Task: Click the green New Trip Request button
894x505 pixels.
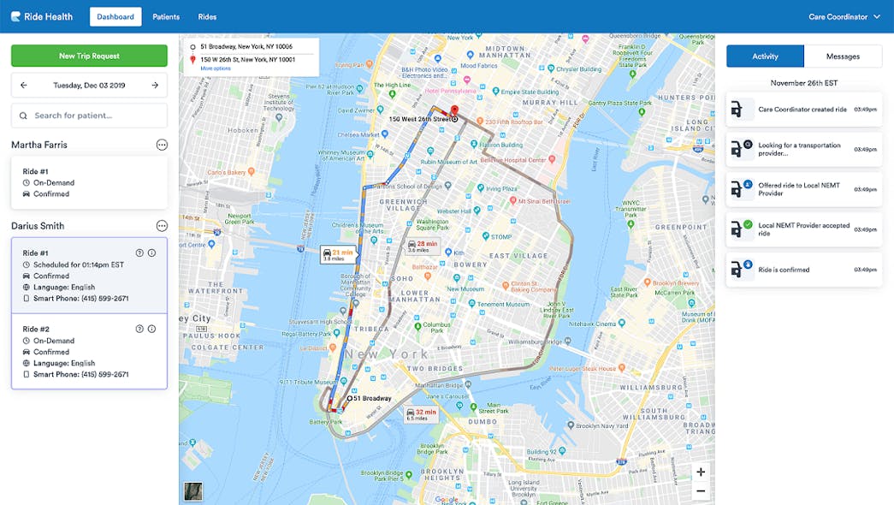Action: click(x=89, y=56)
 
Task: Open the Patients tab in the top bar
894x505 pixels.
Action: click(x=166, y=16)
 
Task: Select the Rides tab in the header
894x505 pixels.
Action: click(x=207, y=16)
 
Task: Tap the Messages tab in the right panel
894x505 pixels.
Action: click(x=843, y=56)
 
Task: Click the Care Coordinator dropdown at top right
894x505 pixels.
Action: click(x=844, y=16)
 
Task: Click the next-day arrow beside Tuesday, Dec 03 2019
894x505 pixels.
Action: click(x=155, y=86)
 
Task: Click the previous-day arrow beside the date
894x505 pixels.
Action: click(x=24, y=86)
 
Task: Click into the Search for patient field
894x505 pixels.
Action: click(x=89, y=116)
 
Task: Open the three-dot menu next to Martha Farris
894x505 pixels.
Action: click(x=162, y=145)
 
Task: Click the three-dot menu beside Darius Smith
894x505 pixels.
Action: click(x=162, y=226)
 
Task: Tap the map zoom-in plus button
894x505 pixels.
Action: click(x=701, y=472)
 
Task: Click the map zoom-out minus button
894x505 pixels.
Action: click(x=701, y=490)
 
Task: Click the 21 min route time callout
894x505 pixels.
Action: click(x=338, y=254)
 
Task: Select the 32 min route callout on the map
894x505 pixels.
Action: click(x=422, y=414)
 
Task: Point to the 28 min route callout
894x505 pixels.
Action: click(x=422, y=247)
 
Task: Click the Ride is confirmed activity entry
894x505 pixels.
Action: click(x=803, y=270)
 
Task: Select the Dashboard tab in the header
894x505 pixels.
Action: click(x=115, y=16)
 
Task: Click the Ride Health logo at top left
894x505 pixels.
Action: click(x=42, y=16)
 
